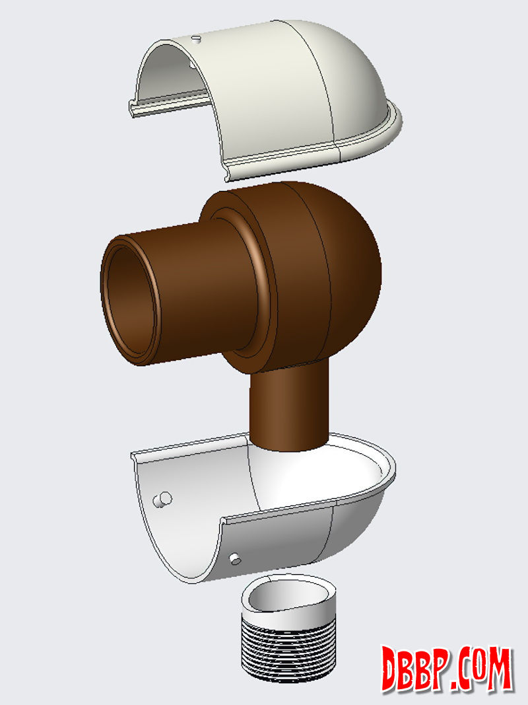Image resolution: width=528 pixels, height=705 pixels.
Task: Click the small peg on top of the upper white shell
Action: click(196, 39)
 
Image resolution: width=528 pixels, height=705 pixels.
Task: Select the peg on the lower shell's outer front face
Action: click(235, 560)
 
